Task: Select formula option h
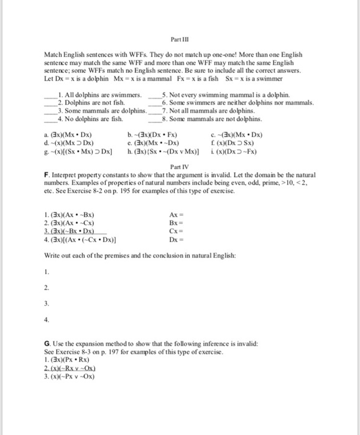(x=164, y=149)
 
